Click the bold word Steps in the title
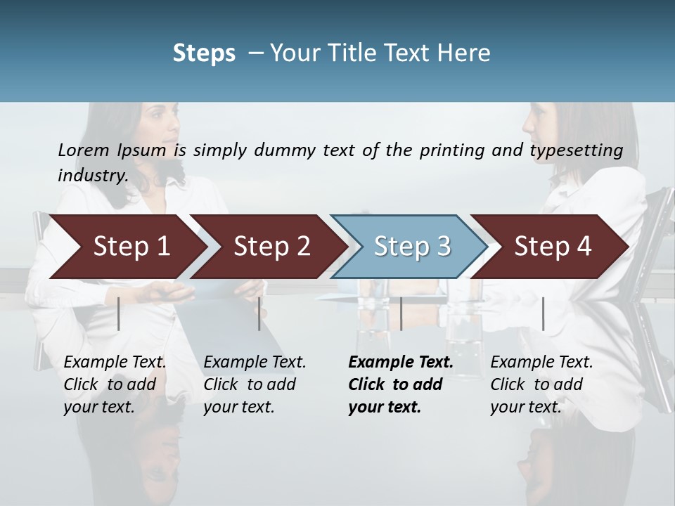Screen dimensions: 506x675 click(x=204, y=53)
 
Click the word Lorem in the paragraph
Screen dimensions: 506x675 click(x=84, y=150)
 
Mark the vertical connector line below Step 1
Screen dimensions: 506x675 click(x=119, y=313)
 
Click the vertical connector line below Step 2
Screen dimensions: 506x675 click(x=259, y=313)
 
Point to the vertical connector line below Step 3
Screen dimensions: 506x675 click(x=401, y=313)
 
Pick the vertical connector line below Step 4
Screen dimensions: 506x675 click(x=543, y=313)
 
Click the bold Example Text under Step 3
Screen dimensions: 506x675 click(x=401, y=363)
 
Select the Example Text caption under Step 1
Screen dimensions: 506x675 click(x=115, y=363)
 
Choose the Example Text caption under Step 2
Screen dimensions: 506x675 click(x=255, y=363)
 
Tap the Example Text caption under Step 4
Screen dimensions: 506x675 click(x=542, y=363)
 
